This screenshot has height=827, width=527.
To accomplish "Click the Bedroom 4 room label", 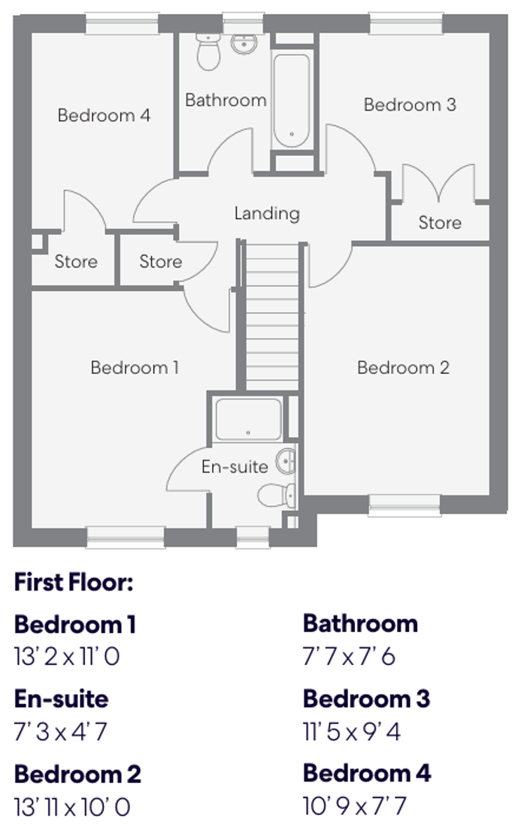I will (104, 116).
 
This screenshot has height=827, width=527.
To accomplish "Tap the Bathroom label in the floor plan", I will (225, 100).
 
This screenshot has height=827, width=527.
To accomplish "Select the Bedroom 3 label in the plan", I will (409, 105).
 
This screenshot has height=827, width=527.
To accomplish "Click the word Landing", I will (267, 213).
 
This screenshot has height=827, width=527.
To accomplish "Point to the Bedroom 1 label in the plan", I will (134, 367).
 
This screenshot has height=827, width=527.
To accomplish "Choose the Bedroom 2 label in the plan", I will (402, 367).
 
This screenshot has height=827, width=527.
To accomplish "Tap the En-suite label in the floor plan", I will (235, 467).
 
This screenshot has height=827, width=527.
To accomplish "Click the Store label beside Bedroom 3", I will (439, 223).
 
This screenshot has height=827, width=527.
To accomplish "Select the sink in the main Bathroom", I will (244, 43).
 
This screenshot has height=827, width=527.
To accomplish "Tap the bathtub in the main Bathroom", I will (291, 100).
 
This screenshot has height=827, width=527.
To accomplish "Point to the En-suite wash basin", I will (287, 461).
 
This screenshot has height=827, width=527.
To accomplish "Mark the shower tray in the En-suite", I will (248, 419).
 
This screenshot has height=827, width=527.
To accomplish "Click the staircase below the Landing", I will (272, 316).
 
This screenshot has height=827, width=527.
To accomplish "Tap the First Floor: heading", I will (73, 582).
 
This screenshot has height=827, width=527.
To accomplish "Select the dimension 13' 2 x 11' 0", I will (67, 656).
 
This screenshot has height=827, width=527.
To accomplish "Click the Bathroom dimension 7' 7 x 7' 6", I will (349, 656).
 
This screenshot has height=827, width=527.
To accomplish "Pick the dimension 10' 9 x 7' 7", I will (354, 805).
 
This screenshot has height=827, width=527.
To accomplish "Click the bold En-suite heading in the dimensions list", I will (61, 699).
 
